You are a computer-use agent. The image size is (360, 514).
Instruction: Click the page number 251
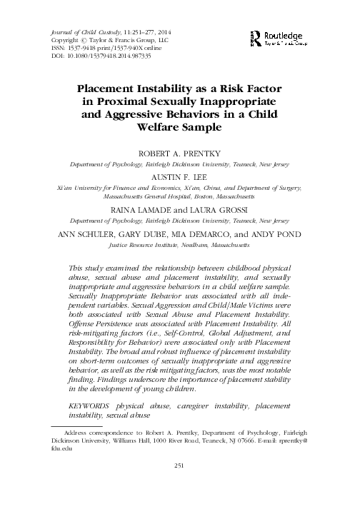[180, 486]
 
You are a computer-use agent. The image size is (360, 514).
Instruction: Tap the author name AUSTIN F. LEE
[180, 176]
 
